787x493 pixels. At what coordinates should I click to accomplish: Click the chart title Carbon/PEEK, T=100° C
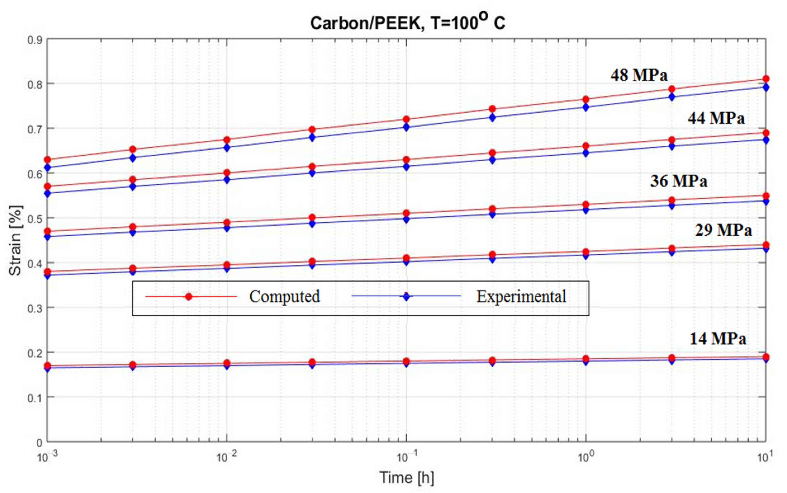coord(407,23)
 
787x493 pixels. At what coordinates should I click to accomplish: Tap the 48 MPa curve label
coord(639,75)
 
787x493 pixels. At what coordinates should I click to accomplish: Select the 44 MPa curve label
coord(716,118)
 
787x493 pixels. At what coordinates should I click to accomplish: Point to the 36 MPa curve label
coord(678,181)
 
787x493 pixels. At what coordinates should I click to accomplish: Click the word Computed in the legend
coord(284,296)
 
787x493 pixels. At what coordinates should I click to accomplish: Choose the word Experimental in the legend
coord(521,296)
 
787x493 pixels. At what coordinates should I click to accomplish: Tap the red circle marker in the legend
coord(188,296)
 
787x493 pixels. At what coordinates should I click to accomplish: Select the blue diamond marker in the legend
coord(406,296)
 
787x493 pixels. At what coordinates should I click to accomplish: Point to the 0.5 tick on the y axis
coord(35,218)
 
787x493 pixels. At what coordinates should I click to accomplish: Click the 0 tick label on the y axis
coord(39,443)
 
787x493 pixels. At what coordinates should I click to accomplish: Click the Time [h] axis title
coord(407,478)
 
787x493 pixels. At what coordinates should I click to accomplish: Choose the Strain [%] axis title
coord(15,240)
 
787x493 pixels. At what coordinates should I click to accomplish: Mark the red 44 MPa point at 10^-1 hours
coord(406,160)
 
